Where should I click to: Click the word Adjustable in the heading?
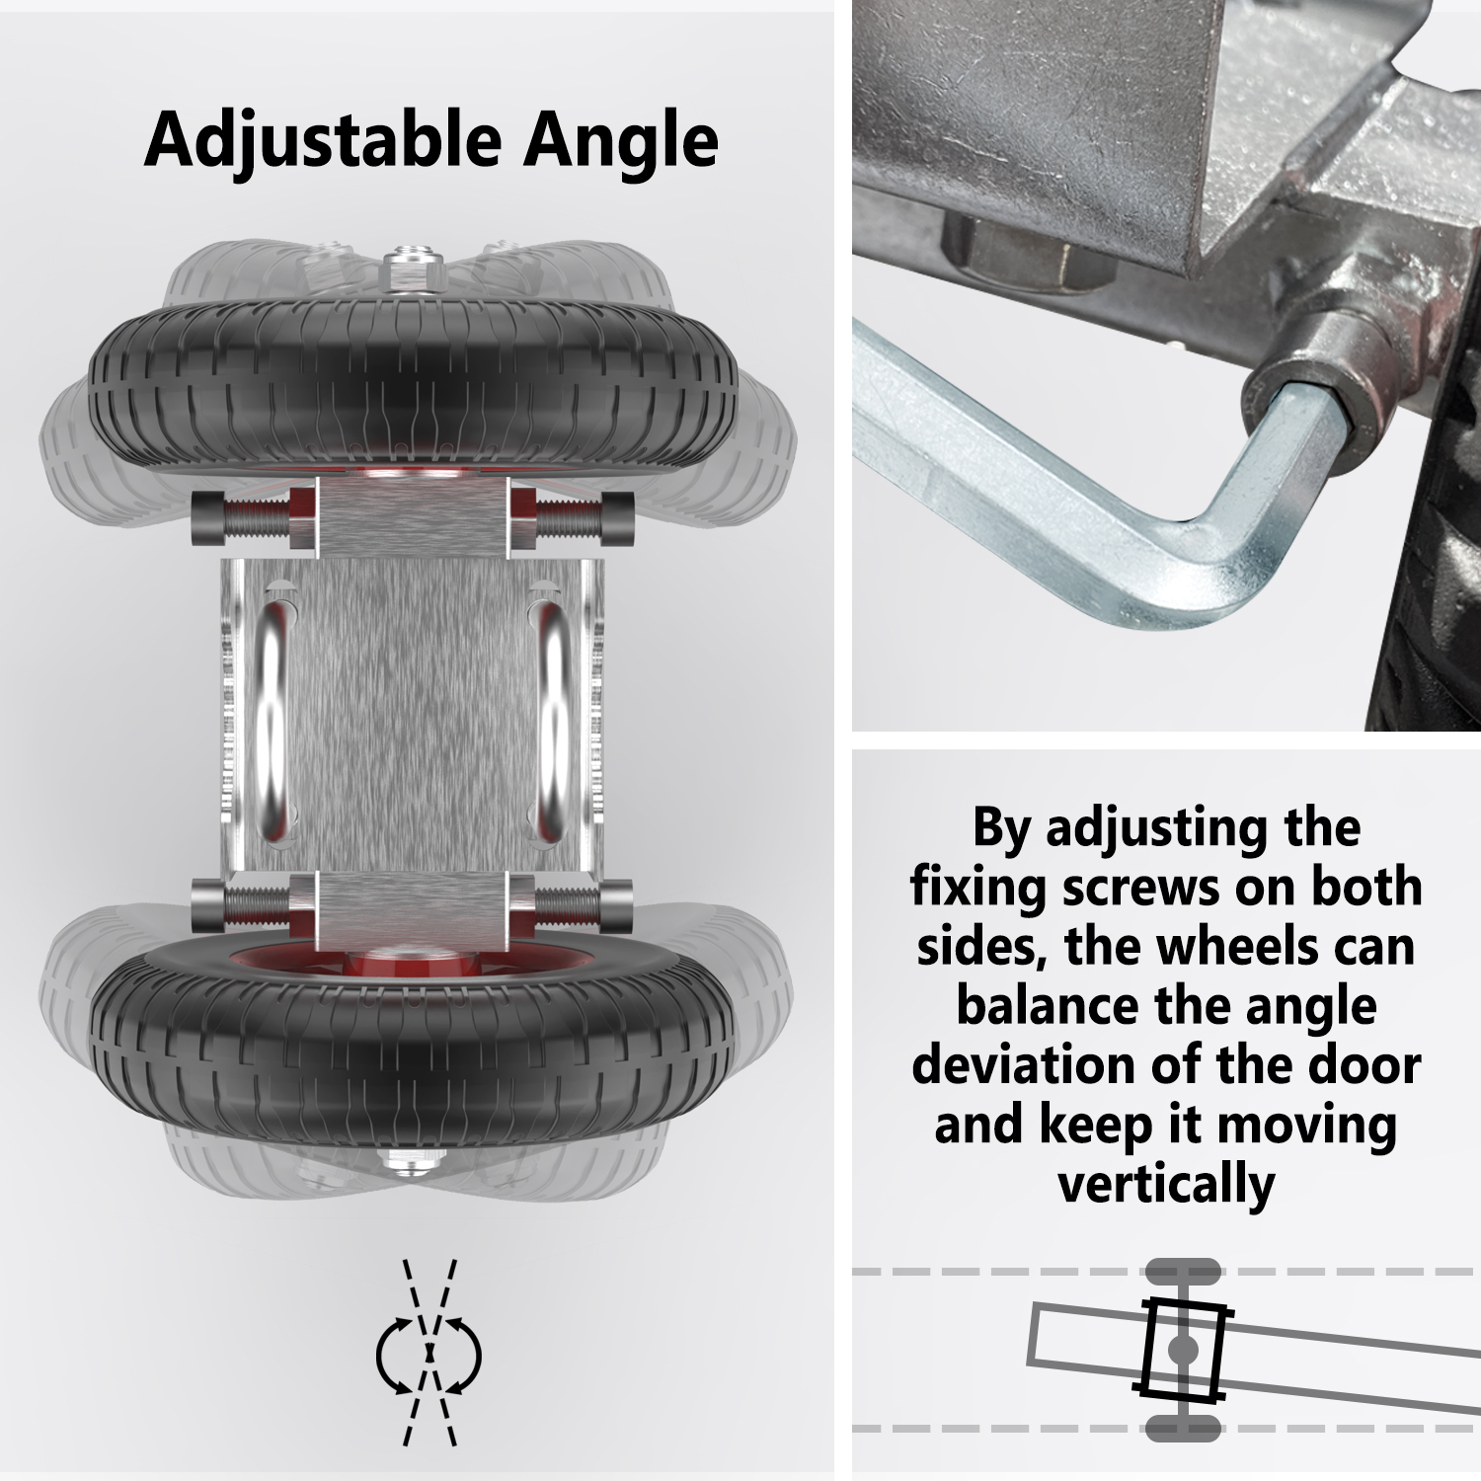tap(323, 140)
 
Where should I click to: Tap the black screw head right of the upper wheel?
tap(615, 517)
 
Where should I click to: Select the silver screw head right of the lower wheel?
tap(615, 902)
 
